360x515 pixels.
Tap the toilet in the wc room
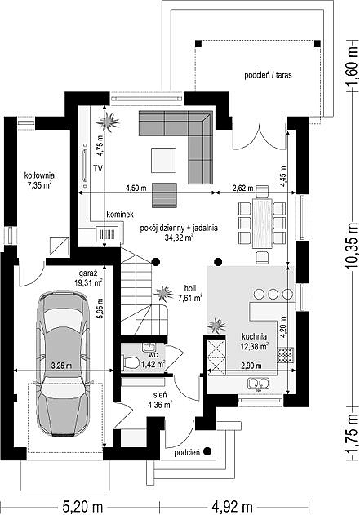[131, 363]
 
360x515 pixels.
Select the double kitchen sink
[259, 384]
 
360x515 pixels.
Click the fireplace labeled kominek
[108, 234]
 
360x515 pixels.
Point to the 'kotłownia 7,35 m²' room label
[39, 180]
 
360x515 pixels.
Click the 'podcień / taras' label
[268, 75]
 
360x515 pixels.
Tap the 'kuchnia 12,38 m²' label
[255, 342]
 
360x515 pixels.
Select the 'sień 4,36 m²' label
[160, 400]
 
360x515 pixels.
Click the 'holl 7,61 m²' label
[190, 293]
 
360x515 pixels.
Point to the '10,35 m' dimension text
[352, 246]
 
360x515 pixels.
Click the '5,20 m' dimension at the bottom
[82, 507]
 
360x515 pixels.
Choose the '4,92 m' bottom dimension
[232, 507]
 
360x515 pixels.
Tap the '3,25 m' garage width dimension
[61, 365]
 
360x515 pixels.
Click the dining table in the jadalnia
[262, 224]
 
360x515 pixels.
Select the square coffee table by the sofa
[163, 160]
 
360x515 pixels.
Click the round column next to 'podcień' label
[207, 451]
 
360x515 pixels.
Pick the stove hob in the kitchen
[285, 355]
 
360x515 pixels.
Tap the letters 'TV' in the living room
[98, 169]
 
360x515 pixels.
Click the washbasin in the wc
[149, 347]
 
